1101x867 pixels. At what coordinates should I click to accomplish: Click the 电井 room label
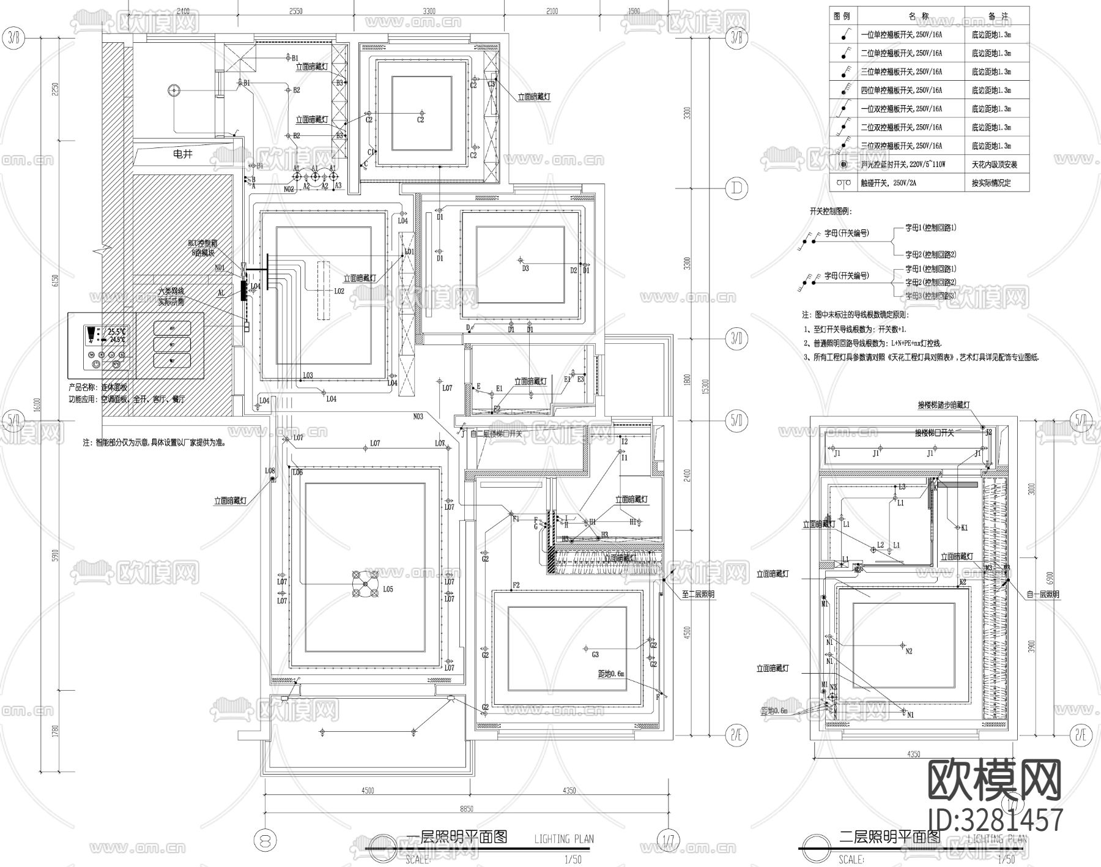(x=183, y=154)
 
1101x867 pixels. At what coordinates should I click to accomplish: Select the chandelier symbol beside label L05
(x=365, y=584)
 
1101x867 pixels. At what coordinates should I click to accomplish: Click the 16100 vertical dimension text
(x=39, y=404)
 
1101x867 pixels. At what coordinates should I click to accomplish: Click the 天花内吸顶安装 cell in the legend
(x=995, y=165)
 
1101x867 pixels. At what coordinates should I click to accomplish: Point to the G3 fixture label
(x=595, y=655)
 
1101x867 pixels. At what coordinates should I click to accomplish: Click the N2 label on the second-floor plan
(x=908, y=651)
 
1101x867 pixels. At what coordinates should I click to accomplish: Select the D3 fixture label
(x=525, y=268)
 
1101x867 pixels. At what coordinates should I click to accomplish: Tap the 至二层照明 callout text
(x=698, y=594)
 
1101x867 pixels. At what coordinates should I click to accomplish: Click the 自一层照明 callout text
(x=1042, y=594)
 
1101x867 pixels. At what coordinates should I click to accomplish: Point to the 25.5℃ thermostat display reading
(x=116, y=331)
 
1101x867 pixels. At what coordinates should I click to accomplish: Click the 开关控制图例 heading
(x=831, y=211)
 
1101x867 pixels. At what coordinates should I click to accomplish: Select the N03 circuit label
(x=418, y=417)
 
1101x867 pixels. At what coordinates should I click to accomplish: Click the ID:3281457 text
(x=995, y=819)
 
